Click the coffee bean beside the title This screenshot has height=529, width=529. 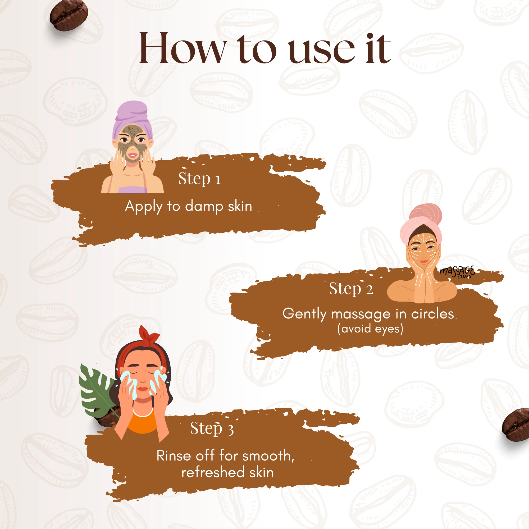(x=69, y=15)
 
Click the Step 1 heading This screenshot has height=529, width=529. (x=200, y=179)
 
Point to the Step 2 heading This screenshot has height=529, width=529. (x=351, y=289)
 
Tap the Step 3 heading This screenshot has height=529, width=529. (x=212, y=428)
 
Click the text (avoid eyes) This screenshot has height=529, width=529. (x=370, y=328)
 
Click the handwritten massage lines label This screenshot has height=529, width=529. (x=457, y=272)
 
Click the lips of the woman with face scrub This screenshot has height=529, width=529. (x=133, y=156)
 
